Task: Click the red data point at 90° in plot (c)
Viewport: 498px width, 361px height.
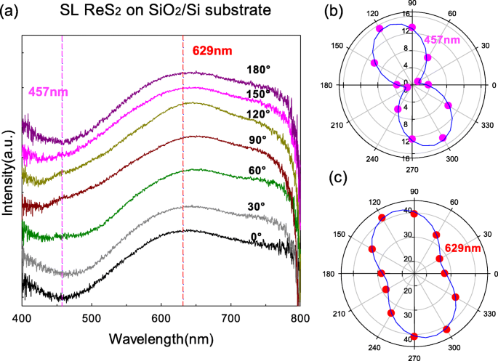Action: click(x=414, y=214)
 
